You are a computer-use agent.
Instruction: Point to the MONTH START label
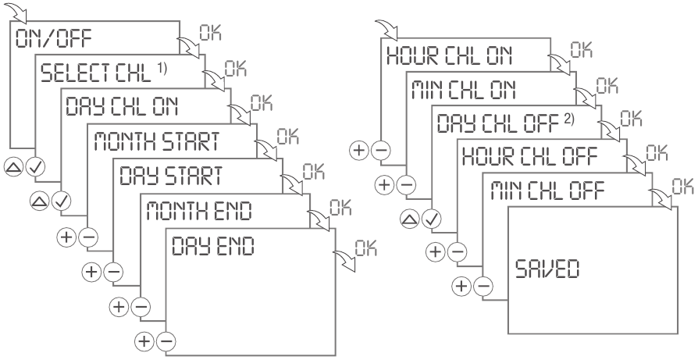click(x=151, y=141)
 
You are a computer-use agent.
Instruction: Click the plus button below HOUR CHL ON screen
click(x=361, y=151)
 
